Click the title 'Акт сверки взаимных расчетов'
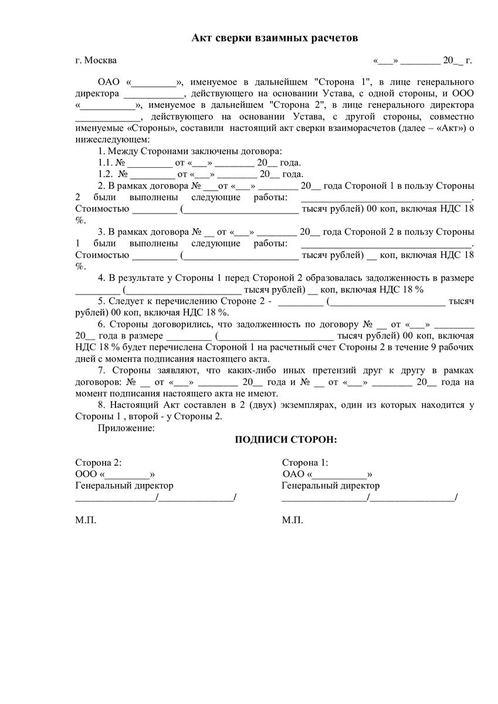(x=275, y=38)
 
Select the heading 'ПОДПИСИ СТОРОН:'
(x=286, y=440)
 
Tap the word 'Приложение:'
(x=126, y=428)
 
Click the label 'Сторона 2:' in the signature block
(x=99, y=463)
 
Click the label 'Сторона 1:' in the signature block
(x=305, y=463)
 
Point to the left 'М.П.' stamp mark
(x=86, y=520)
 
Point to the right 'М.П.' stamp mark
(x=292, y=520)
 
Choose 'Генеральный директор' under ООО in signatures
(x=124, y=485)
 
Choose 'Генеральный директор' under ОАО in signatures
(x=330, y=485)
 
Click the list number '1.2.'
(x=105, y=174)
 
